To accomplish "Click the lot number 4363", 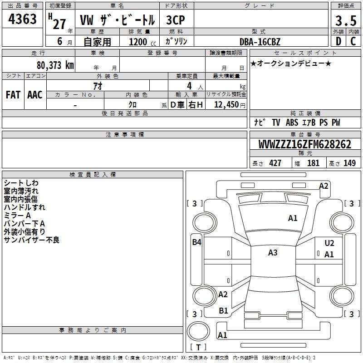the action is pos(22,19).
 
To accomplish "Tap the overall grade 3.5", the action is pos(346,20).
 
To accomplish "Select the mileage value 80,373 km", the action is pos(55,65).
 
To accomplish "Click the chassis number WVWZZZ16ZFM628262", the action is pos(305,144).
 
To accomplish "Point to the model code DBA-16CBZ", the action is pos(260,42).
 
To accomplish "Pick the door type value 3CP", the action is pos(176,20).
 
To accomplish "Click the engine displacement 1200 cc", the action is pos(142,42).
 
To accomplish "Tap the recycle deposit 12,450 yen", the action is pos(230,105).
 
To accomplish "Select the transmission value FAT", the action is pos(13,95).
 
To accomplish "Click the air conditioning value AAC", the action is pos(35,95).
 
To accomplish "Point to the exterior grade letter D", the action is pos(338,41).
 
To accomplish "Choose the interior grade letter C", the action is pos(353,41).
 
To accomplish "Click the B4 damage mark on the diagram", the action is pos(197,242).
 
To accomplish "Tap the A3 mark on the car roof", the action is pos(273,253).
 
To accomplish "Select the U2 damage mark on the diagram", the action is pos(329,243).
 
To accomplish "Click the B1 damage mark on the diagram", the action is pos(223,311).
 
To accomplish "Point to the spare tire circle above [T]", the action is pos(198,331).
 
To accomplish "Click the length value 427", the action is pos(275,163).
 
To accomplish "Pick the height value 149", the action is pos(349,163).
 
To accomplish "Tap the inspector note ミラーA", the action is pos(17,216).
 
